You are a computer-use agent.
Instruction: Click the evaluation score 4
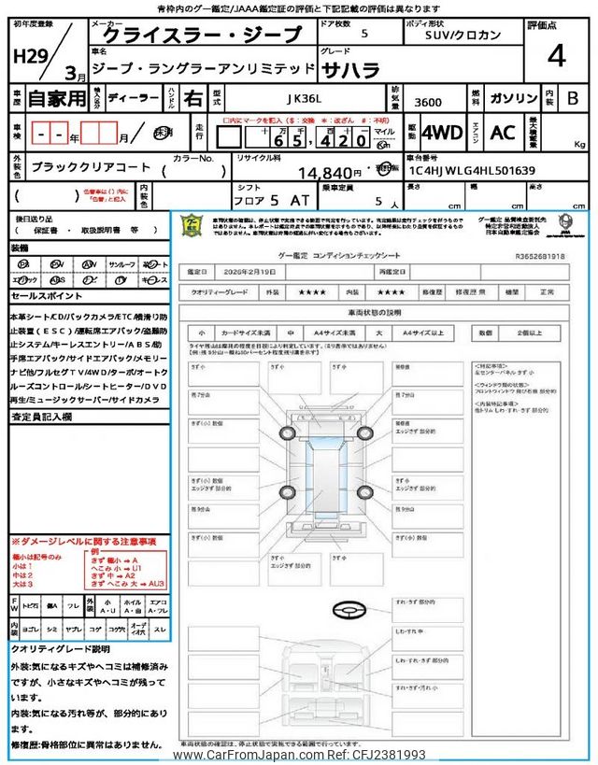coord(557,57)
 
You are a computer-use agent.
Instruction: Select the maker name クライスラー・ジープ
coord(202,35)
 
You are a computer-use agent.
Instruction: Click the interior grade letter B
coord(572,97)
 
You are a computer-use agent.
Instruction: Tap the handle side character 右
coord(192,98)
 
